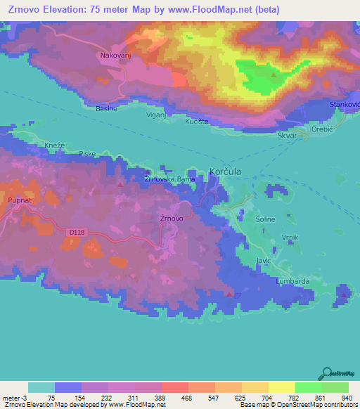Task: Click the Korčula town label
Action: [226, 171]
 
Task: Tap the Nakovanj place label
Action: [115, 53]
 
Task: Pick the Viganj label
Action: [156, 113]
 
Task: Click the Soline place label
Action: [266, 219]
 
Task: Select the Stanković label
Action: [345, 105]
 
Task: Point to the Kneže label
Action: [55, 145]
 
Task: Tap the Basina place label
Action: [106, 109]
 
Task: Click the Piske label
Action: [87, 153]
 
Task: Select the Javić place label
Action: [264, 260]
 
